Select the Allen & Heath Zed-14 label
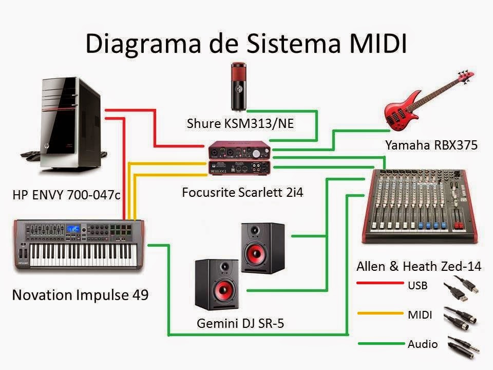[419, 266]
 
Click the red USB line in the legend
[380, 283]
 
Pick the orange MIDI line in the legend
[380, 313]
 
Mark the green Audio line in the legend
[380, 343]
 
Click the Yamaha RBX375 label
[431, 145]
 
